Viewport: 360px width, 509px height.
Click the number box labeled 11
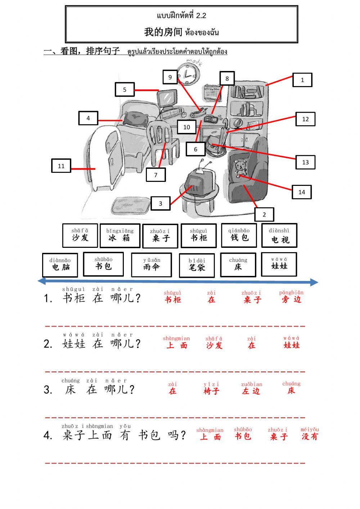(61, 166)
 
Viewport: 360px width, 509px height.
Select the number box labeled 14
(301, 192)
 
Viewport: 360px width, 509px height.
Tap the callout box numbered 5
(125, 90)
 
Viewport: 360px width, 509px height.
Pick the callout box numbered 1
(302, 80)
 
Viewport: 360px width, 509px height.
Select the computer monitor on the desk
(167, 97)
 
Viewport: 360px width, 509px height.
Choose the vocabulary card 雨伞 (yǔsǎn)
(151, 265)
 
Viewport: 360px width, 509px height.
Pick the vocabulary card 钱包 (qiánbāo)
(239, 235)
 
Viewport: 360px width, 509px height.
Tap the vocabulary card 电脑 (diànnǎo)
(60, 265)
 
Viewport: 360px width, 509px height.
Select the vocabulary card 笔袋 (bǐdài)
(197, 265)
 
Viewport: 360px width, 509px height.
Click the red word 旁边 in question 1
(291, 299)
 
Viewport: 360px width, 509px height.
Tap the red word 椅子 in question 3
(211, 391)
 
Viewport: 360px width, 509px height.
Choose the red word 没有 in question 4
(310, 436)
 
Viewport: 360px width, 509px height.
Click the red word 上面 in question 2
(176, 345)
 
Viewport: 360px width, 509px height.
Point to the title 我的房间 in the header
(163, 32)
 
